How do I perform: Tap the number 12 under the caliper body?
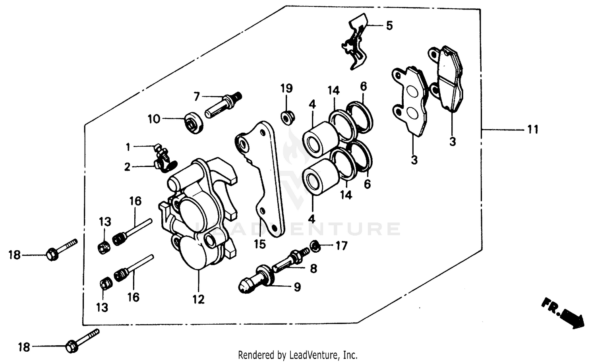[198, 299]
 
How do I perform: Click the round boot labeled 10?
[195, 122]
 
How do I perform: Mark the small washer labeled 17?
[314, 246]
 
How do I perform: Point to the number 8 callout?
[313, 269]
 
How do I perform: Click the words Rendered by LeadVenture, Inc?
[298, 354]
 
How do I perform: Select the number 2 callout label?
[127, 167]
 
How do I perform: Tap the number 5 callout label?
[389, 26]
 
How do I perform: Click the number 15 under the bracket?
[260, 244]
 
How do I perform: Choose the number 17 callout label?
[341, 246]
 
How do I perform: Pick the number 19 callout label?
[286, 88]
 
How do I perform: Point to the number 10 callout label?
[154, 119]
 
